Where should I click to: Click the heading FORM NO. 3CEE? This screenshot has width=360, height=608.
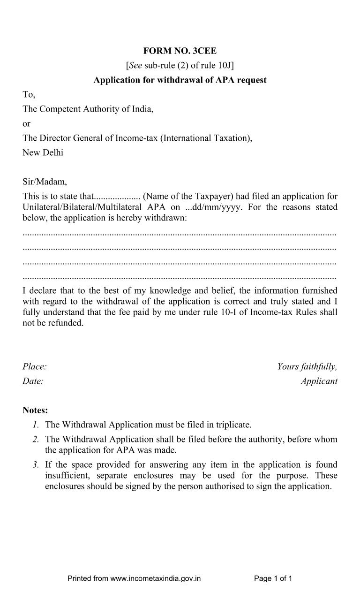coord(180,51)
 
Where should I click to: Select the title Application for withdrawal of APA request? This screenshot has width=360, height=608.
coord(180,80)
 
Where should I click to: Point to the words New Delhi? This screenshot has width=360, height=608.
coord(43,152)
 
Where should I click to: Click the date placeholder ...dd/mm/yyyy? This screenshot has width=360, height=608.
coord(208,207)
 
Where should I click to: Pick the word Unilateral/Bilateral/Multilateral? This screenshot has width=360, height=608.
coord(80,207)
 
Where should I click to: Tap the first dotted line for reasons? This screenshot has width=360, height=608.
coord(180,233)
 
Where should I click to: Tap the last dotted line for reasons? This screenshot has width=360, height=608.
coord(180,277)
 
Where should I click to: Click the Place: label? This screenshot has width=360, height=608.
coord(34,366)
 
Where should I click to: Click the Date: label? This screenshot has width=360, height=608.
coord(33,381)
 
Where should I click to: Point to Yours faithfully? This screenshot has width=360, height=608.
coord(307,366)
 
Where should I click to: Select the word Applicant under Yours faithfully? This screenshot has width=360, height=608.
coord(319,381)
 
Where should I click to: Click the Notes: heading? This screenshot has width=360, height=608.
coord(35,410)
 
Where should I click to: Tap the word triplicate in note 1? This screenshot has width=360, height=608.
coord(233,425)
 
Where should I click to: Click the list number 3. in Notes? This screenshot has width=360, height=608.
coord(36,465)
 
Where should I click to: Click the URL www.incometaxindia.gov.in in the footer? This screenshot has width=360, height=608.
coord(155,578)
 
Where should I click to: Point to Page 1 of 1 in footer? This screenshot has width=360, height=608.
coord(273,578)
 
